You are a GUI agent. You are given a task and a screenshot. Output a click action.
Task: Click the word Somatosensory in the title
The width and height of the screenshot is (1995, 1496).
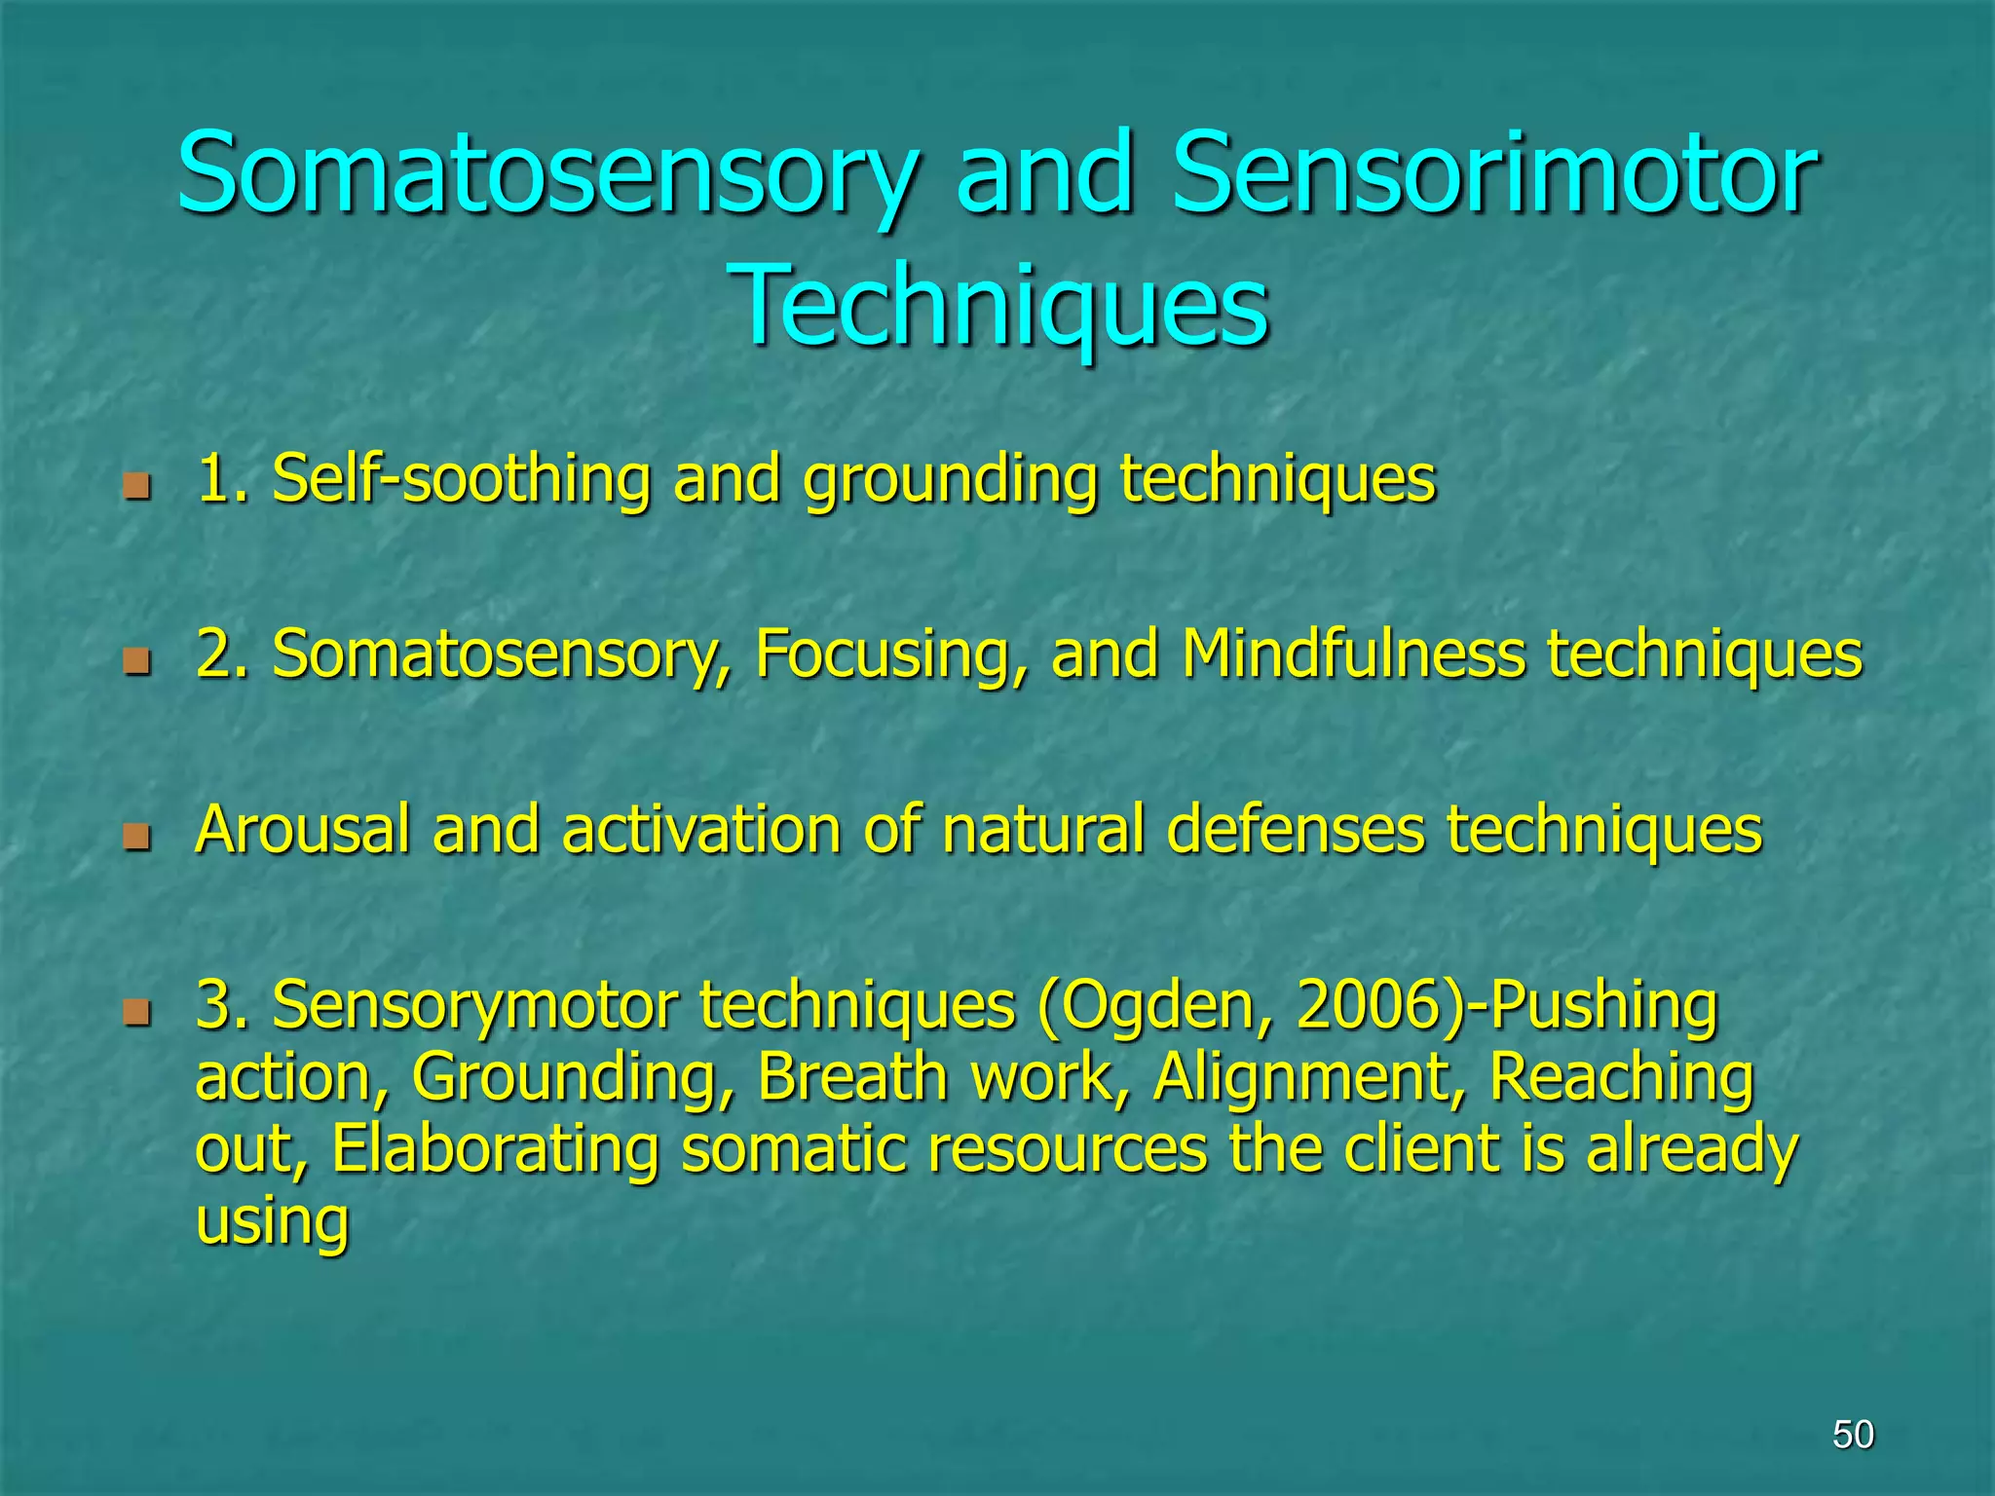click(x=546, y=175)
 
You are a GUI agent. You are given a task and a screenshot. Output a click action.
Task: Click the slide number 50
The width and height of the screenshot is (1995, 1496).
click(x=1853, y=1435)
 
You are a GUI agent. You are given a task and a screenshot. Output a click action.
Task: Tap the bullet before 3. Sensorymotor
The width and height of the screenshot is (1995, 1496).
click(x=137, y=1012)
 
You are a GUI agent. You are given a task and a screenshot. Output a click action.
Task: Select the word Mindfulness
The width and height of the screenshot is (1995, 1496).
click(x=1353, y=654)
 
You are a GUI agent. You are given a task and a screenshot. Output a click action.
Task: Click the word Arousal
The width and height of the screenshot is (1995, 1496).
click(x=302, y=830)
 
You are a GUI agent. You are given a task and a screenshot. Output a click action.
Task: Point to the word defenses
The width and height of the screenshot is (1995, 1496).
click(x=1296, y=830)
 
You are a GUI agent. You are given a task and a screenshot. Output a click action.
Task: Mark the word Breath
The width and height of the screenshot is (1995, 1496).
click(x=852, y=1077)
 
